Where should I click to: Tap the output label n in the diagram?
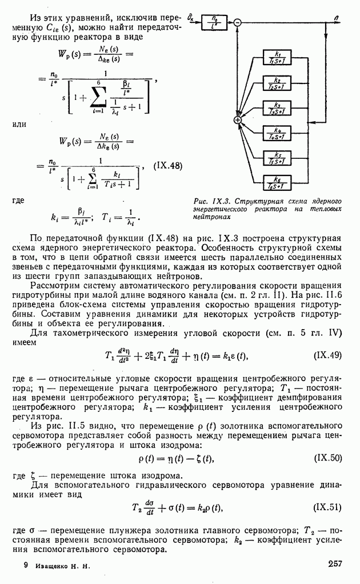tap(337, 18)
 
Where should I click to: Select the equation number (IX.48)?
tap(167, 166)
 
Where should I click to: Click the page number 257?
tap(335, 564)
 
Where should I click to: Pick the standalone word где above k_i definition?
tap(18, 201)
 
